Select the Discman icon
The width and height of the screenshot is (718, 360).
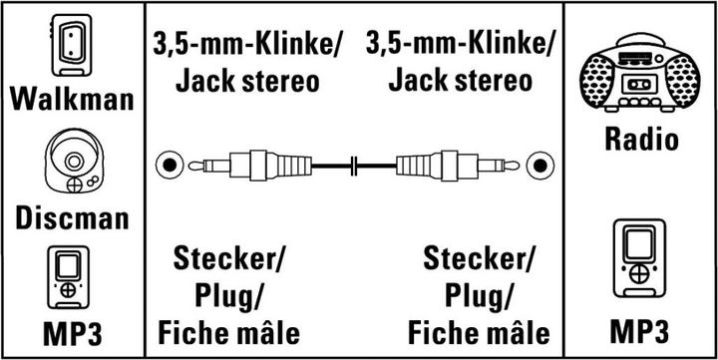tap(71, 165)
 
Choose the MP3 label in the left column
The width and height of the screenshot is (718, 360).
tap(71, 333)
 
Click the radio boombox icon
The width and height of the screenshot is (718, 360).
tap(639, 75)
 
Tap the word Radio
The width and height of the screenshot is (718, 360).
tap(641, 138)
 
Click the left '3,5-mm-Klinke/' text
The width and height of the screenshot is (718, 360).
tap(246, 44)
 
